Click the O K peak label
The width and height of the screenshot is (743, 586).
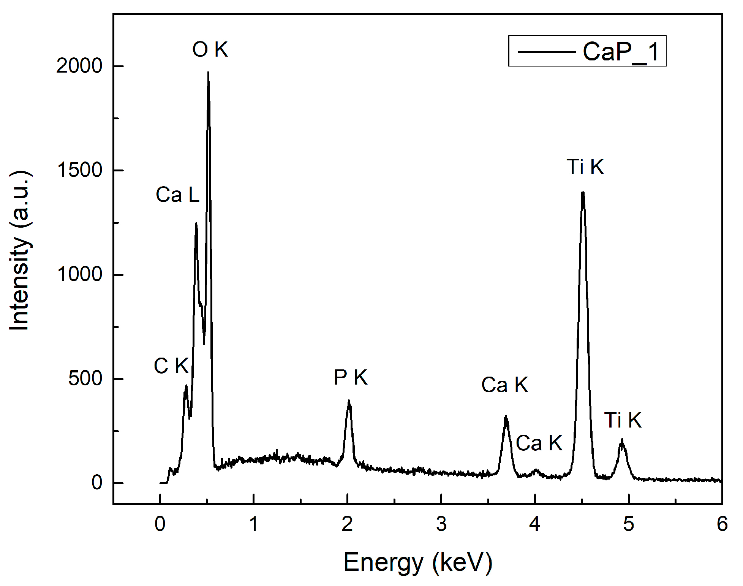coord(210,49)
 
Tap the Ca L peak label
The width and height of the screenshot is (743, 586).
coord(177,195)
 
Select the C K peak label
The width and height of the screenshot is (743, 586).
coord(171,366)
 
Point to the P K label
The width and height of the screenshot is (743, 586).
coord(350,377)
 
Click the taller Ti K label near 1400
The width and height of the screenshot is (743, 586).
coord(585,167)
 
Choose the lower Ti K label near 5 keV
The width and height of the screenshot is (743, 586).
coord(623,420)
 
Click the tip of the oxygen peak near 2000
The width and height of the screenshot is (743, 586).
coord(208,73)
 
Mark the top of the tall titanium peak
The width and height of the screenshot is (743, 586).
coord(583,192)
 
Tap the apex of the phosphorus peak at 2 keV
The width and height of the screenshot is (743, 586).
coord(349,401)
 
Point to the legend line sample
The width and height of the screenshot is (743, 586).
coord(546,52)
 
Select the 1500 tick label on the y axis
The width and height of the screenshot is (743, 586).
coord(79,170)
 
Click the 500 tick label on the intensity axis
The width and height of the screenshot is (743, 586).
coord(85,379)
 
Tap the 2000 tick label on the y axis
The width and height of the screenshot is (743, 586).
coord(79,66)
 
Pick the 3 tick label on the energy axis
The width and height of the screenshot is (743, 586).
coord(441,524)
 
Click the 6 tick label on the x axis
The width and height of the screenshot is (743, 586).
coord(722,524)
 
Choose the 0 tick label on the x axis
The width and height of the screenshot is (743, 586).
coord(160,524)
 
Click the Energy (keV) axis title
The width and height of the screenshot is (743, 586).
coord(418,562)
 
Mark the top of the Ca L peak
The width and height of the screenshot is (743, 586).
coord(196,223)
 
